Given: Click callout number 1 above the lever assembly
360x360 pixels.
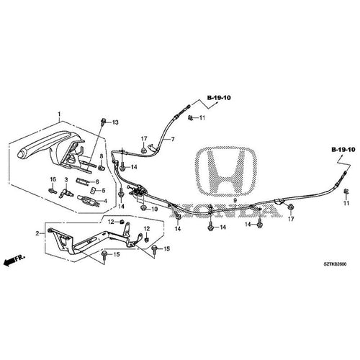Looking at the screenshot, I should (x=59, y=113).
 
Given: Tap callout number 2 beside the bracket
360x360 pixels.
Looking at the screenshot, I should (x=38, y=234).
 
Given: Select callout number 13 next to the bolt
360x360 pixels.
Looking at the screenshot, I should (x=115, y=123).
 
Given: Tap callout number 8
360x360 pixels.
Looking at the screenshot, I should (x=102, y=156).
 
